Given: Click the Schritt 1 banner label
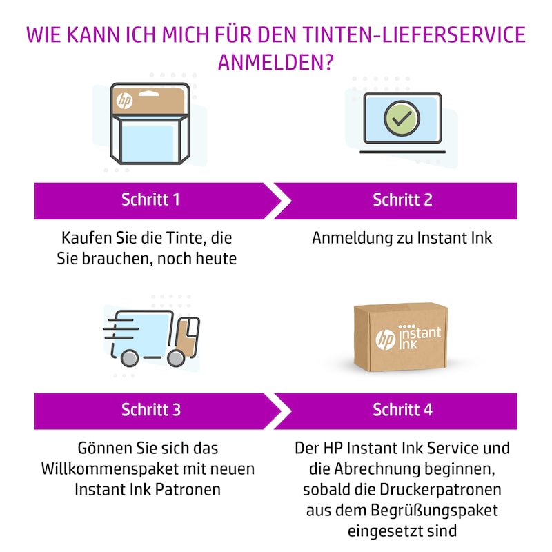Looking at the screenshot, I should tap(150, 200).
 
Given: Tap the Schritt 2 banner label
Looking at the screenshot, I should tap(402, 200).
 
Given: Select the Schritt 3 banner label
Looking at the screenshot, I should tap(150, 410).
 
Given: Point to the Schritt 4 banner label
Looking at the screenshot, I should tap(402, 410).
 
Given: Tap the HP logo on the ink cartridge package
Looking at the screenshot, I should tap(124, 101).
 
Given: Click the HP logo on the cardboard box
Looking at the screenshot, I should tap(385, 339).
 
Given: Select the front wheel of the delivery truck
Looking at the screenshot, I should tap(177, 357).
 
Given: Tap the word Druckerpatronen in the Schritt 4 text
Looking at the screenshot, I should tap(445, 490).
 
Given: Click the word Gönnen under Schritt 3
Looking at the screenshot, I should tap(99, 448).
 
